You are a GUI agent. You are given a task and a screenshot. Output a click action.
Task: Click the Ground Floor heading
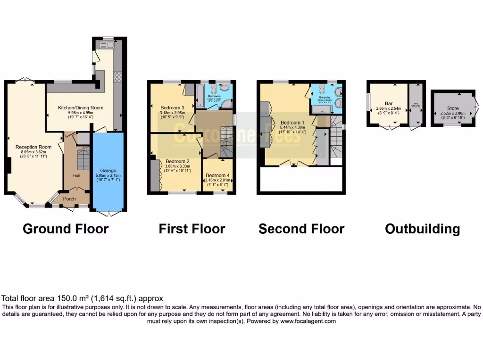tap(66, 229)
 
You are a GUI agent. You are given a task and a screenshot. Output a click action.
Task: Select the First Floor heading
tap(192, 229)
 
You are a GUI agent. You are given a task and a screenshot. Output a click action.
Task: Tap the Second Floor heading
tap(301, 229)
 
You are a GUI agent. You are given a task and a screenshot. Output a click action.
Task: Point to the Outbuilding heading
tap(422, 229)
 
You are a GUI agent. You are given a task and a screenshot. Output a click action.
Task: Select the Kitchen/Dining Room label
tap(80, 108)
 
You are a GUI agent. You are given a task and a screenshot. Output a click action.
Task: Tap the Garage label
tap(108, 170)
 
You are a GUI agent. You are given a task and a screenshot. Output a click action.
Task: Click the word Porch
tap(69, 199)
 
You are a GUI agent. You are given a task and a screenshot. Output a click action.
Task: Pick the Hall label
tap(76, 176)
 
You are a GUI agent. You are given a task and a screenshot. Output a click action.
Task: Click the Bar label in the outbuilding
tap(389, 103)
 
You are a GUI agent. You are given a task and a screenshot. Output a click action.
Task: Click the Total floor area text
tap(83, 298)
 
